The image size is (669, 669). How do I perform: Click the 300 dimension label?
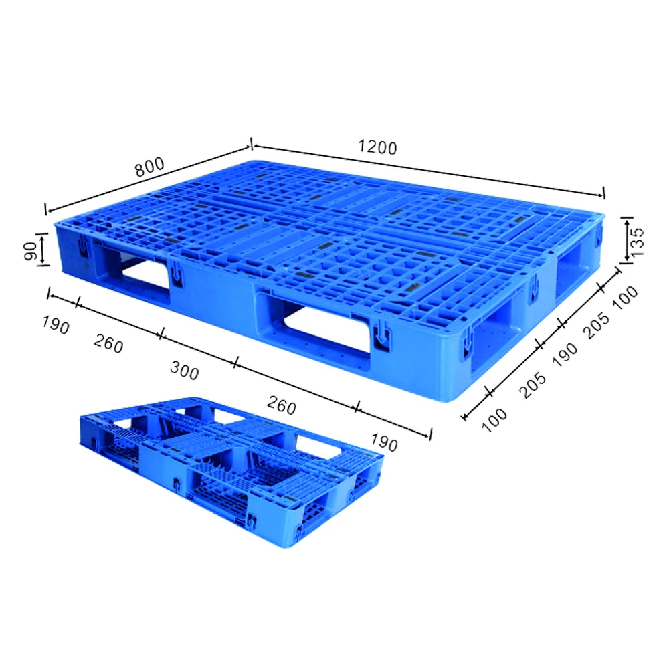[x=184, y=370]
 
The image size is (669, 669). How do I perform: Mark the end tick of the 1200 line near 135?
[x=604, y=193]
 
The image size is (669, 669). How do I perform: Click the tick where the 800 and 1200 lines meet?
[x=251, y=143]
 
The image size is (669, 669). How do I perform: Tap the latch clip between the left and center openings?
[x=177, y=275]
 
